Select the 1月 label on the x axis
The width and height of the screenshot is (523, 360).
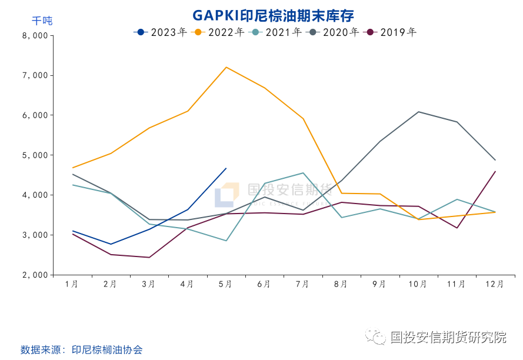pyautogui.click(x=72, y=284)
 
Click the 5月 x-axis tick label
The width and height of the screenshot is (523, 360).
pyautogui.click(x=225, y=284)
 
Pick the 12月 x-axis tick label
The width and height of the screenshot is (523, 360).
pyautogui.click(x=495, y=284)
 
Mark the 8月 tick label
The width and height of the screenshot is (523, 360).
pyautogui.click(x=341, y=284)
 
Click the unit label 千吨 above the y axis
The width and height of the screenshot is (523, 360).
pyautogui.click(x=42, y=21)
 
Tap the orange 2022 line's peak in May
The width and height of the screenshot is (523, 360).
pyautogui.click(x=226, y=67)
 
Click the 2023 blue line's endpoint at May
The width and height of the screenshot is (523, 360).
pyautogui.click(x=226, y=168)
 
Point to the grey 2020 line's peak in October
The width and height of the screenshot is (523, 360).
pyautogui.click(x=418, y=112)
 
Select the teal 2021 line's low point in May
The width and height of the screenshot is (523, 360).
pyautogui.click(x=226, y=241)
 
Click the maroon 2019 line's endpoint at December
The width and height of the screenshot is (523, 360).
pyautogui.click(x=495, y=171)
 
